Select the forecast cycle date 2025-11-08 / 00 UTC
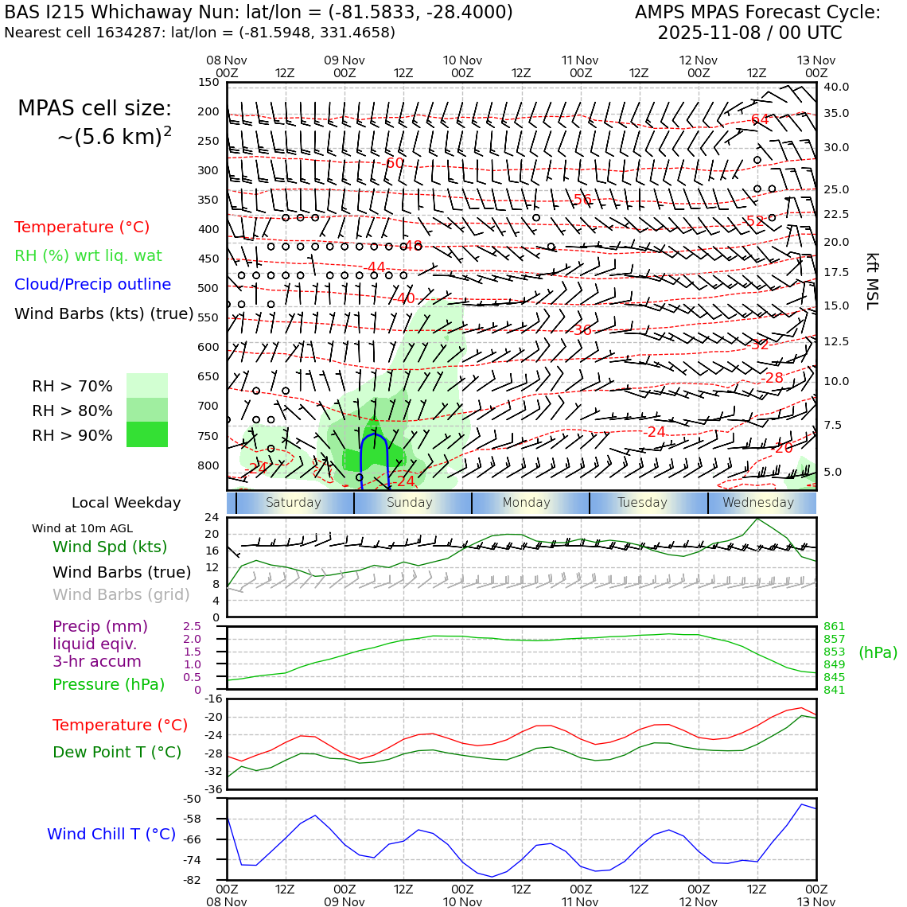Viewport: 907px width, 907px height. pos(749,33)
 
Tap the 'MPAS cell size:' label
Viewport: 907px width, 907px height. pos(95,109)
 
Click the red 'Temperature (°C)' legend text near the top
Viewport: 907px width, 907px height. pos(82,228)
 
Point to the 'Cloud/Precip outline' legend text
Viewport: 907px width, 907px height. pos(92,285)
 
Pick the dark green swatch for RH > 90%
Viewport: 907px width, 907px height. pos(147,435)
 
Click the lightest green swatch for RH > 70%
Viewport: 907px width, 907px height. pos(147,386)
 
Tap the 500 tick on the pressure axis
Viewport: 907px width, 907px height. pos(208,289)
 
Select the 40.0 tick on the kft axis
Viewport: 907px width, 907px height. pos(836,88)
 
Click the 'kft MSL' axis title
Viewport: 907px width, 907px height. pos(872,281)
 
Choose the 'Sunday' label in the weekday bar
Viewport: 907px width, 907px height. pos(410,503)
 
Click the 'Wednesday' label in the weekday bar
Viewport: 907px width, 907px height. pos(758,503)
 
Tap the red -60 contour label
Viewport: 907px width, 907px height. pos(393,163)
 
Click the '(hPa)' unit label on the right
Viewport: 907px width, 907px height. pos(878,653)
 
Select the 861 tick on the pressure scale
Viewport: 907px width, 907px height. pos(835,627)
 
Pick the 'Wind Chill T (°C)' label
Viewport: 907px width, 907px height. pos(111,835)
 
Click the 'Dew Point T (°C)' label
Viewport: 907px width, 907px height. pos(117,753)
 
